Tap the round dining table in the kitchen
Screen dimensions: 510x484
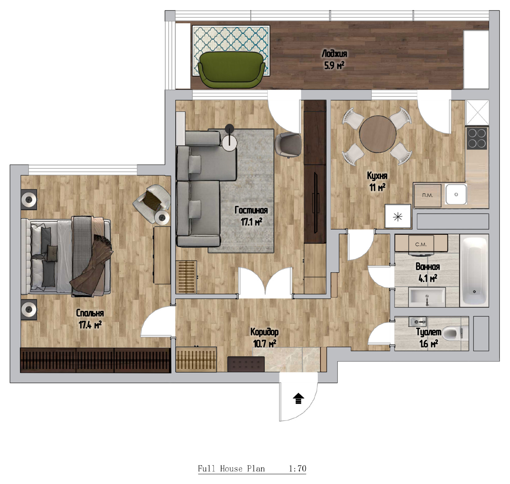point(378,134)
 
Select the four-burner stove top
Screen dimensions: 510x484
point(477,138)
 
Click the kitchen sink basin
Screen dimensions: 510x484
point(456,194)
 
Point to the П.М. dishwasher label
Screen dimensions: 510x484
point(427,195)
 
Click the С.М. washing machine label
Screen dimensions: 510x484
point(421,245)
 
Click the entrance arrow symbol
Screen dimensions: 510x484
point(298,399)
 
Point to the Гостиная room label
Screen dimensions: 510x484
point(251,210)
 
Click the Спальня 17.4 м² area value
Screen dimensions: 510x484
point(90,325)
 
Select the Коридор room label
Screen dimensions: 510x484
point(264,332)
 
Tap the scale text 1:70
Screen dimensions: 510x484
point(297,468)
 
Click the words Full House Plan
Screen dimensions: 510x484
point(231,468)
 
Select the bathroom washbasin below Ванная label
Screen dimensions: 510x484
point(427,297)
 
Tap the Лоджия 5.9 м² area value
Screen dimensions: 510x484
point(334,66)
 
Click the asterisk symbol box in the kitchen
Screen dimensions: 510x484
point(398,216)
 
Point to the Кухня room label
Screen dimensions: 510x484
point(377,176)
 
